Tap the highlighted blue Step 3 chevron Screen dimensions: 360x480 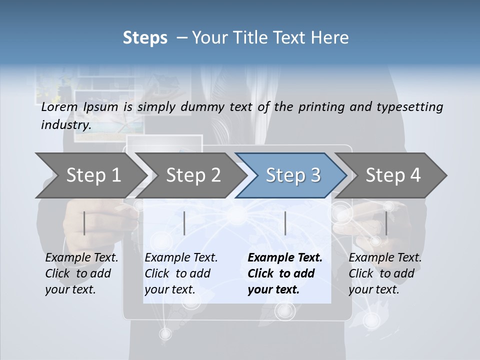[x=293, y=175]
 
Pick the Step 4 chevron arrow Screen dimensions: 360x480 [x=393, y=175]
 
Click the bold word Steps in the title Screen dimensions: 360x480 [x=145, y=37]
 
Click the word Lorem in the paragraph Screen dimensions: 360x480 [x=59, y=107]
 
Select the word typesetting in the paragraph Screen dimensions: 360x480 [x=412, y=107]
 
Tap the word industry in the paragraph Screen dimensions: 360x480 [x=66, y=125]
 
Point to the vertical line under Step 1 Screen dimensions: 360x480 [x=84, y=223]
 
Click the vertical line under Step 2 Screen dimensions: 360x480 [x=184, y=223]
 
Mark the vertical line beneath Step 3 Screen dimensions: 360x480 [x=285, y=223]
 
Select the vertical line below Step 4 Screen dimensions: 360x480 [x=386, y=223]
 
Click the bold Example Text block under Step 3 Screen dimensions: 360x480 [x=285, y=273]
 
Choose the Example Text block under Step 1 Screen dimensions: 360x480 [x=81, y=273]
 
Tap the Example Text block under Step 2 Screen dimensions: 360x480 [x=181, y=273]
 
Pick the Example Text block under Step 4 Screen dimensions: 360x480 [x=385, y=273]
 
